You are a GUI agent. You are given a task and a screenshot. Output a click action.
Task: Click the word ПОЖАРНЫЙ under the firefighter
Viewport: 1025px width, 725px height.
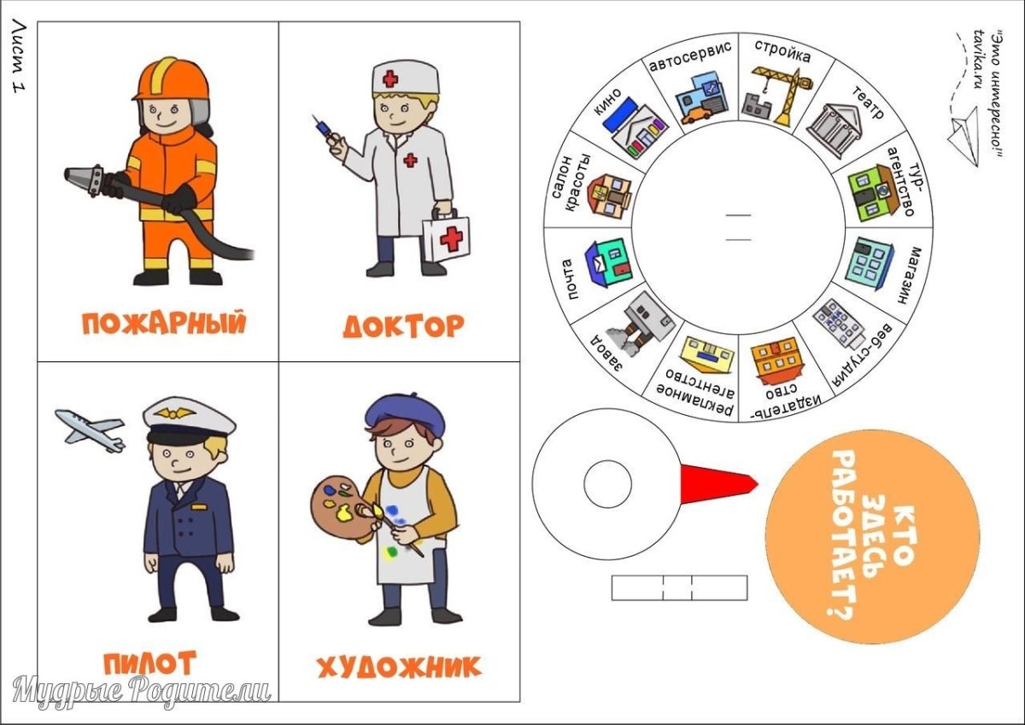click(x=163, y=323)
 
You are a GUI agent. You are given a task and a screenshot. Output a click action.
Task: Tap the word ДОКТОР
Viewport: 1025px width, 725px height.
click(x=404, y=325)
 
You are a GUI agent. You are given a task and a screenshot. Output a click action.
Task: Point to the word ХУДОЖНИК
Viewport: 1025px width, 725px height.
click(x=399, y=667)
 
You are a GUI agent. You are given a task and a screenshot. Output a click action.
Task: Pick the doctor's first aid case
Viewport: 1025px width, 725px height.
click(x=445, y=237)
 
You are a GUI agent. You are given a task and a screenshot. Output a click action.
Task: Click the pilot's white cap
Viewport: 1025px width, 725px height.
click(x=189, y=417)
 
